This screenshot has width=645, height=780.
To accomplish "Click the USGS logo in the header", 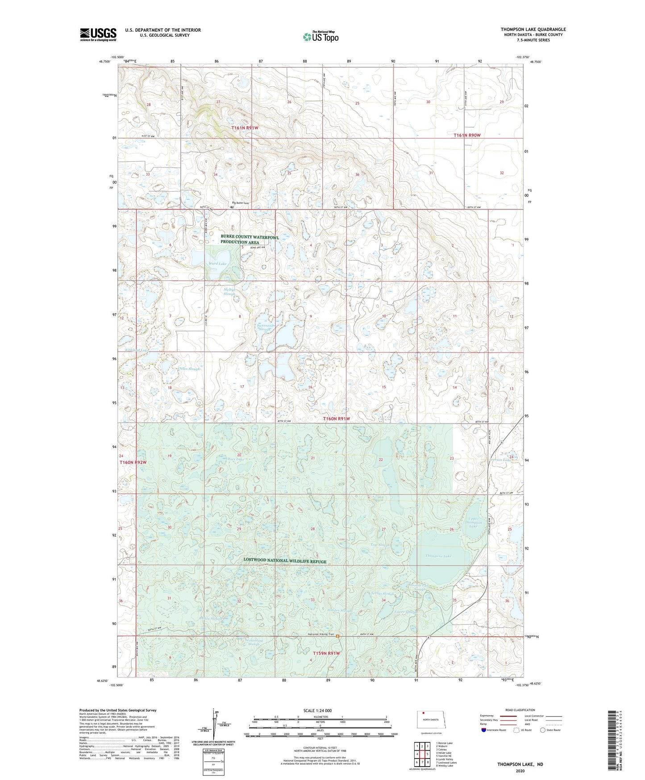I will [x=98, y=34].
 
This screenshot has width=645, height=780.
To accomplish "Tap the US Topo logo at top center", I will [x=320, y=37].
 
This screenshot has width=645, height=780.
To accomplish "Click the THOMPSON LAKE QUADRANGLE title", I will [x=533, y=29].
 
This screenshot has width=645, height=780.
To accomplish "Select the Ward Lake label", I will [x=217, y=264].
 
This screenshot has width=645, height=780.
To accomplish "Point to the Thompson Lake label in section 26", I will [x=438, y=556].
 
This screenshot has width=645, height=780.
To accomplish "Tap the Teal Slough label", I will [x=380, y=545].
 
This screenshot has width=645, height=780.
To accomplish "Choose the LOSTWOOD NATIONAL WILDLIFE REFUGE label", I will [x=285, y=561].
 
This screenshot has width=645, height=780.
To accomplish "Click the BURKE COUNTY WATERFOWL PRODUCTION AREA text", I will [x=250, y=239].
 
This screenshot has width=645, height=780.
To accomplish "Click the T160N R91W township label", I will [x=336, y=419].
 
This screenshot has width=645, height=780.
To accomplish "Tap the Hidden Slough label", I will [x=340, y=610].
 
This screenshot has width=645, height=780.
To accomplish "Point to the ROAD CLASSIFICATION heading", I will [x=520, y=710].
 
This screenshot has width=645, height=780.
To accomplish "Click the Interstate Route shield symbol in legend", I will [x=484, y=730].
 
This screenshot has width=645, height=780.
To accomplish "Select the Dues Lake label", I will [x=235, y=459].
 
